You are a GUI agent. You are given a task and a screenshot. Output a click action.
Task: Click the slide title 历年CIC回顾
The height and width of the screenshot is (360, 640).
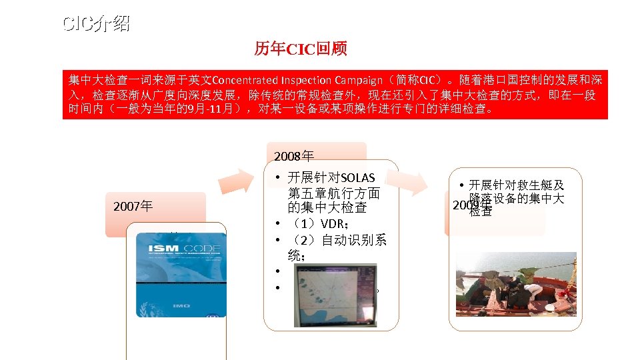[300, 49]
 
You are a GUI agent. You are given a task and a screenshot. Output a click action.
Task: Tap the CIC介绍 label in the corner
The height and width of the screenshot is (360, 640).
[96, 25]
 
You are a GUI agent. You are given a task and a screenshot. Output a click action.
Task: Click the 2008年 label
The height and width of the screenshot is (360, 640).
[294, 157]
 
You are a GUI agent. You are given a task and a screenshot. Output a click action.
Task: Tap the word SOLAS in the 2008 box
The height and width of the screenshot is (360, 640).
[357, 178]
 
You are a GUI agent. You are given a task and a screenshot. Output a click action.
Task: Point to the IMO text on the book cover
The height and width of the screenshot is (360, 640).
[182, 306]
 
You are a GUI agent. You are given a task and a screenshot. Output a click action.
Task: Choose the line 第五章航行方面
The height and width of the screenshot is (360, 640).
[334, 193]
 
